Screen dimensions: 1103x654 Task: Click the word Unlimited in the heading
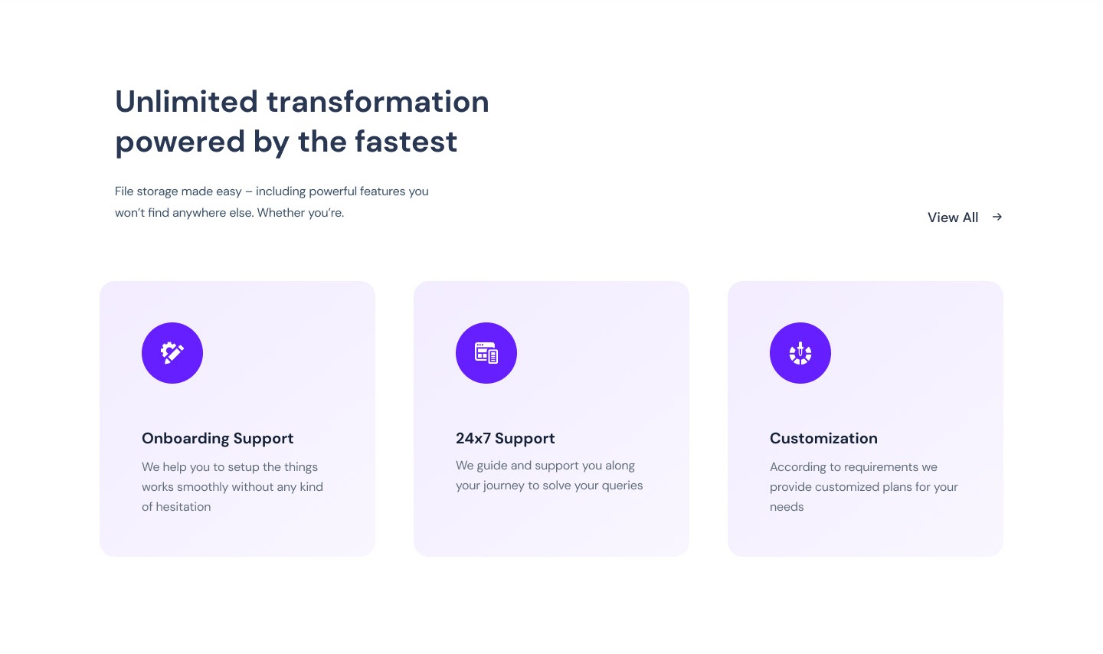[187, 101]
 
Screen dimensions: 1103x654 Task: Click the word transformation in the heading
[378, 101]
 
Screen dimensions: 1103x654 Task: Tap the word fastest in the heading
[406, 142]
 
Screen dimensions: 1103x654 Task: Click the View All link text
[953, 217]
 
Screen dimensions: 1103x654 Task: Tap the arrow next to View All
[997, 217]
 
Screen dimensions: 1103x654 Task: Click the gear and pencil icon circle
[172, 353]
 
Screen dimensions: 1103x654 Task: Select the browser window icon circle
[486, 353]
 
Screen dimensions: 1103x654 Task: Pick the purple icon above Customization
[800, 353]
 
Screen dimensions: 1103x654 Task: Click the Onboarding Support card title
[218, 438]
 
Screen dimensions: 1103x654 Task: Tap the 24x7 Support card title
[506, 438]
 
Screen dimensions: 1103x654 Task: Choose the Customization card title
[824, 438]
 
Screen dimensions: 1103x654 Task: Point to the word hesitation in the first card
[183, 507]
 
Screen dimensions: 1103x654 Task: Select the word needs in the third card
[787, 507]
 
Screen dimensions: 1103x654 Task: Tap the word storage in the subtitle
[157, 191]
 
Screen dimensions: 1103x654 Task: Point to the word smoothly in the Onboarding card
[202, 487]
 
